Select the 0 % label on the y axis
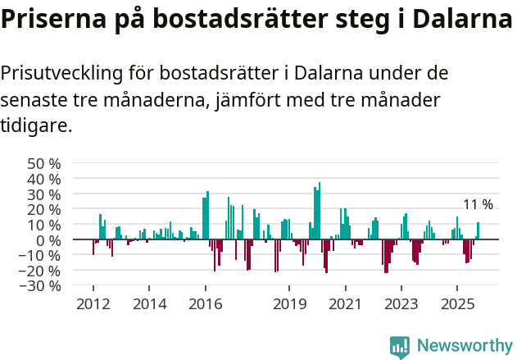click(48, 240)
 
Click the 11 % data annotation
click(478, 205)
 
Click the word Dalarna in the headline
click(459, 19)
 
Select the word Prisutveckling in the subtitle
click(61, 73)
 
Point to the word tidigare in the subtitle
click(36, 125)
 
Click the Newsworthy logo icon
click(400, 346)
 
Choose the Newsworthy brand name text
click(465, 346)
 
